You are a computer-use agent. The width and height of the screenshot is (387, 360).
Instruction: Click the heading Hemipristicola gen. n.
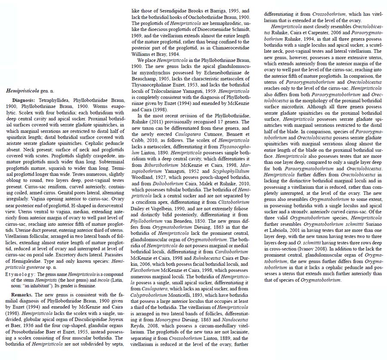click(x=26, y=91)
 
